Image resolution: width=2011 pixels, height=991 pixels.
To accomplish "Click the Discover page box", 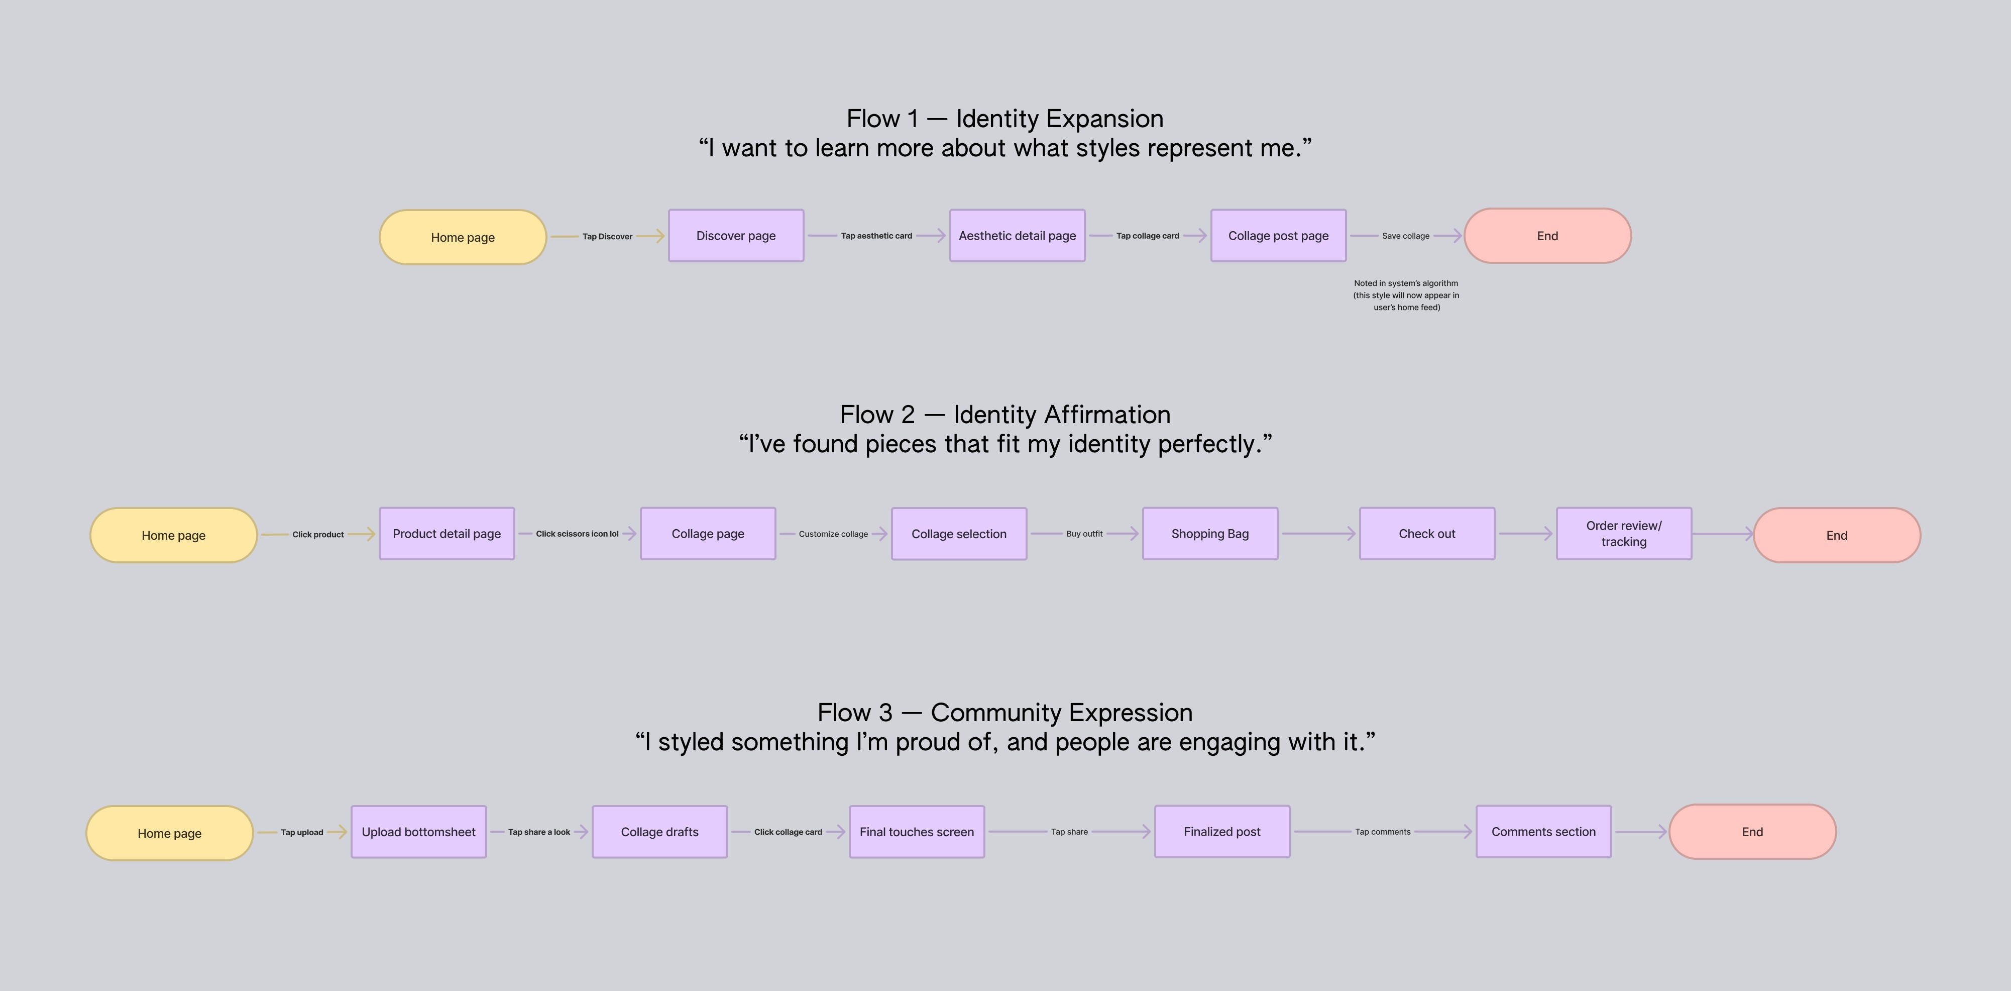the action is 735,236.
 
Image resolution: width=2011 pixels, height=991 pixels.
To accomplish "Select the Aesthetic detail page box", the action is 1017,236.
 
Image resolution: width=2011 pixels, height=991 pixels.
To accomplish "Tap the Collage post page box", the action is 1278,236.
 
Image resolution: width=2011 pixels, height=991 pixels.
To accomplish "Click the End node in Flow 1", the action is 1547,236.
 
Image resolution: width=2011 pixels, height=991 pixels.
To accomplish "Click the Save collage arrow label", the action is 1405,236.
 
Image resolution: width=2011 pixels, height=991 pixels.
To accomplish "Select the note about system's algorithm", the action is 1406,295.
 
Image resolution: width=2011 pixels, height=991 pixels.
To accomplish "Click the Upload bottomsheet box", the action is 418,832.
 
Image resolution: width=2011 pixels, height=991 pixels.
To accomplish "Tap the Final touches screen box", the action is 917,832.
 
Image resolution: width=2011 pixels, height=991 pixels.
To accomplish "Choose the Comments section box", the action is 1543,832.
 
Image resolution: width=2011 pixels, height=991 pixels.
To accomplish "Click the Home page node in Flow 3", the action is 169,833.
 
